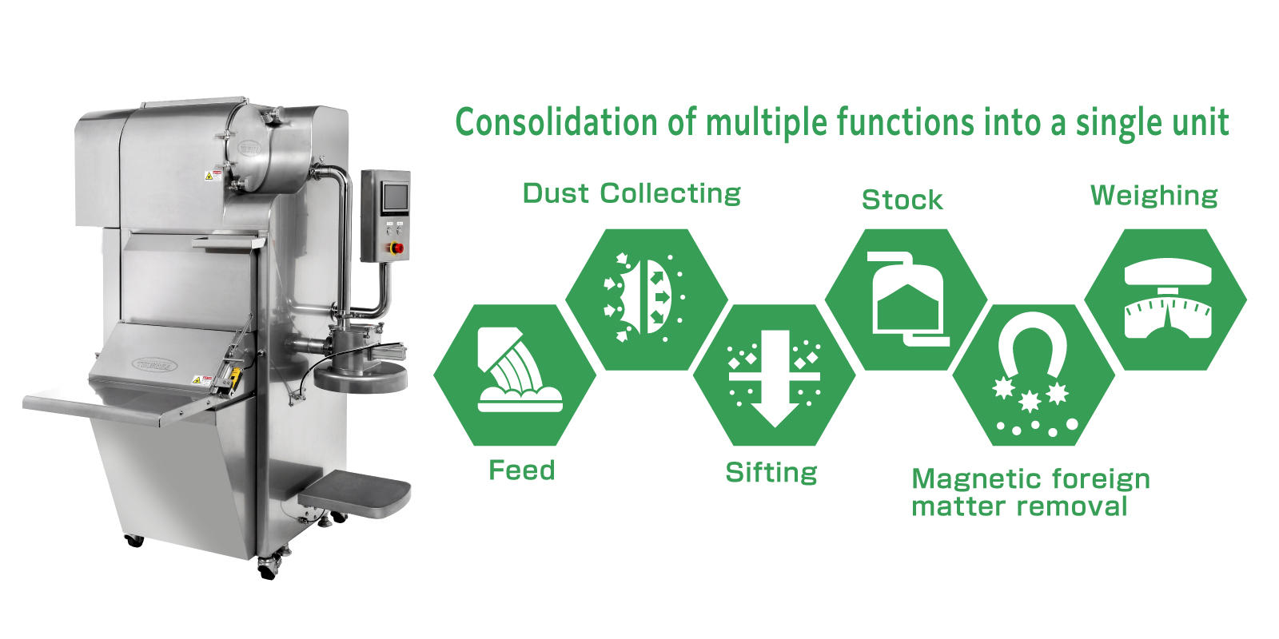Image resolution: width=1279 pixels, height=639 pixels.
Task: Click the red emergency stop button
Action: pos(396,248)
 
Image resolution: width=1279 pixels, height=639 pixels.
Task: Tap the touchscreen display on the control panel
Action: pos(396,197)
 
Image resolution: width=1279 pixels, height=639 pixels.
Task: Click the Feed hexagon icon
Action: pos(515,375)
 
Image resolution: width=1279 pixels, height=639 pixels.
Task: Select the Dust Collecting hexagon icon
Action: pos(647,300)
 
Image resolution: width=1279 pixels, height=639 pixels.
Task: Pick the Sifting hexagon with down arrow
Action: pos(775,375)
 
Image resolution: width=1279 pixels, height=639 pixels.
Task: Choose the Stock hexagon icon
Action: pos(906,300)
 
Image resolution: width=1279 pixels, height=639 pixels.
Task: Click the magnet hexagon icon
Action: pos(1034,375)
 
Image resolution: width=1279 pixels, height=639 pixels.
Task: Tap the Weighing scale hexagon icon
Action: pos(1165,300)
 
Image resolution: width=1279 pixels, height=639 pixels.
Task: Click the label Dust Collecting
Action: pos(632,194)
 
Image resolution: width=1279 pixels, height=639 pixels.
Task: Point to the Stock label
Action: pos(902,200)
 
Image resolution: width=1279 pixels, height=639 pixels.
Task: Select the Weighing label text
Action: pos(1154,196)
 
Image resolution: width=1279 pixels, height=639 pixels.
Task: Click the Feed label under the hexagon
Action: pos(522,470)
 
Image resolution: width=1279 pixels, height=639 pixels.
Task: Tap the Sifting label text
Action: pos(771,473)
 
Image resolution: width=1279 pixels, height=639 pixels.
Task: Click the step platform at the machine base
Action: pos(355,493)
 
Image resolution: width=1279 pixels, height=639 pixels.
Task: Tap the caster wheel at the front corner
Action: pos(269,568)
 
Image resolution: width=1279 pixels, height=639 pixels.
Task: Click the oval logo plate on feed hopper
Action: pos(154,364)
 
